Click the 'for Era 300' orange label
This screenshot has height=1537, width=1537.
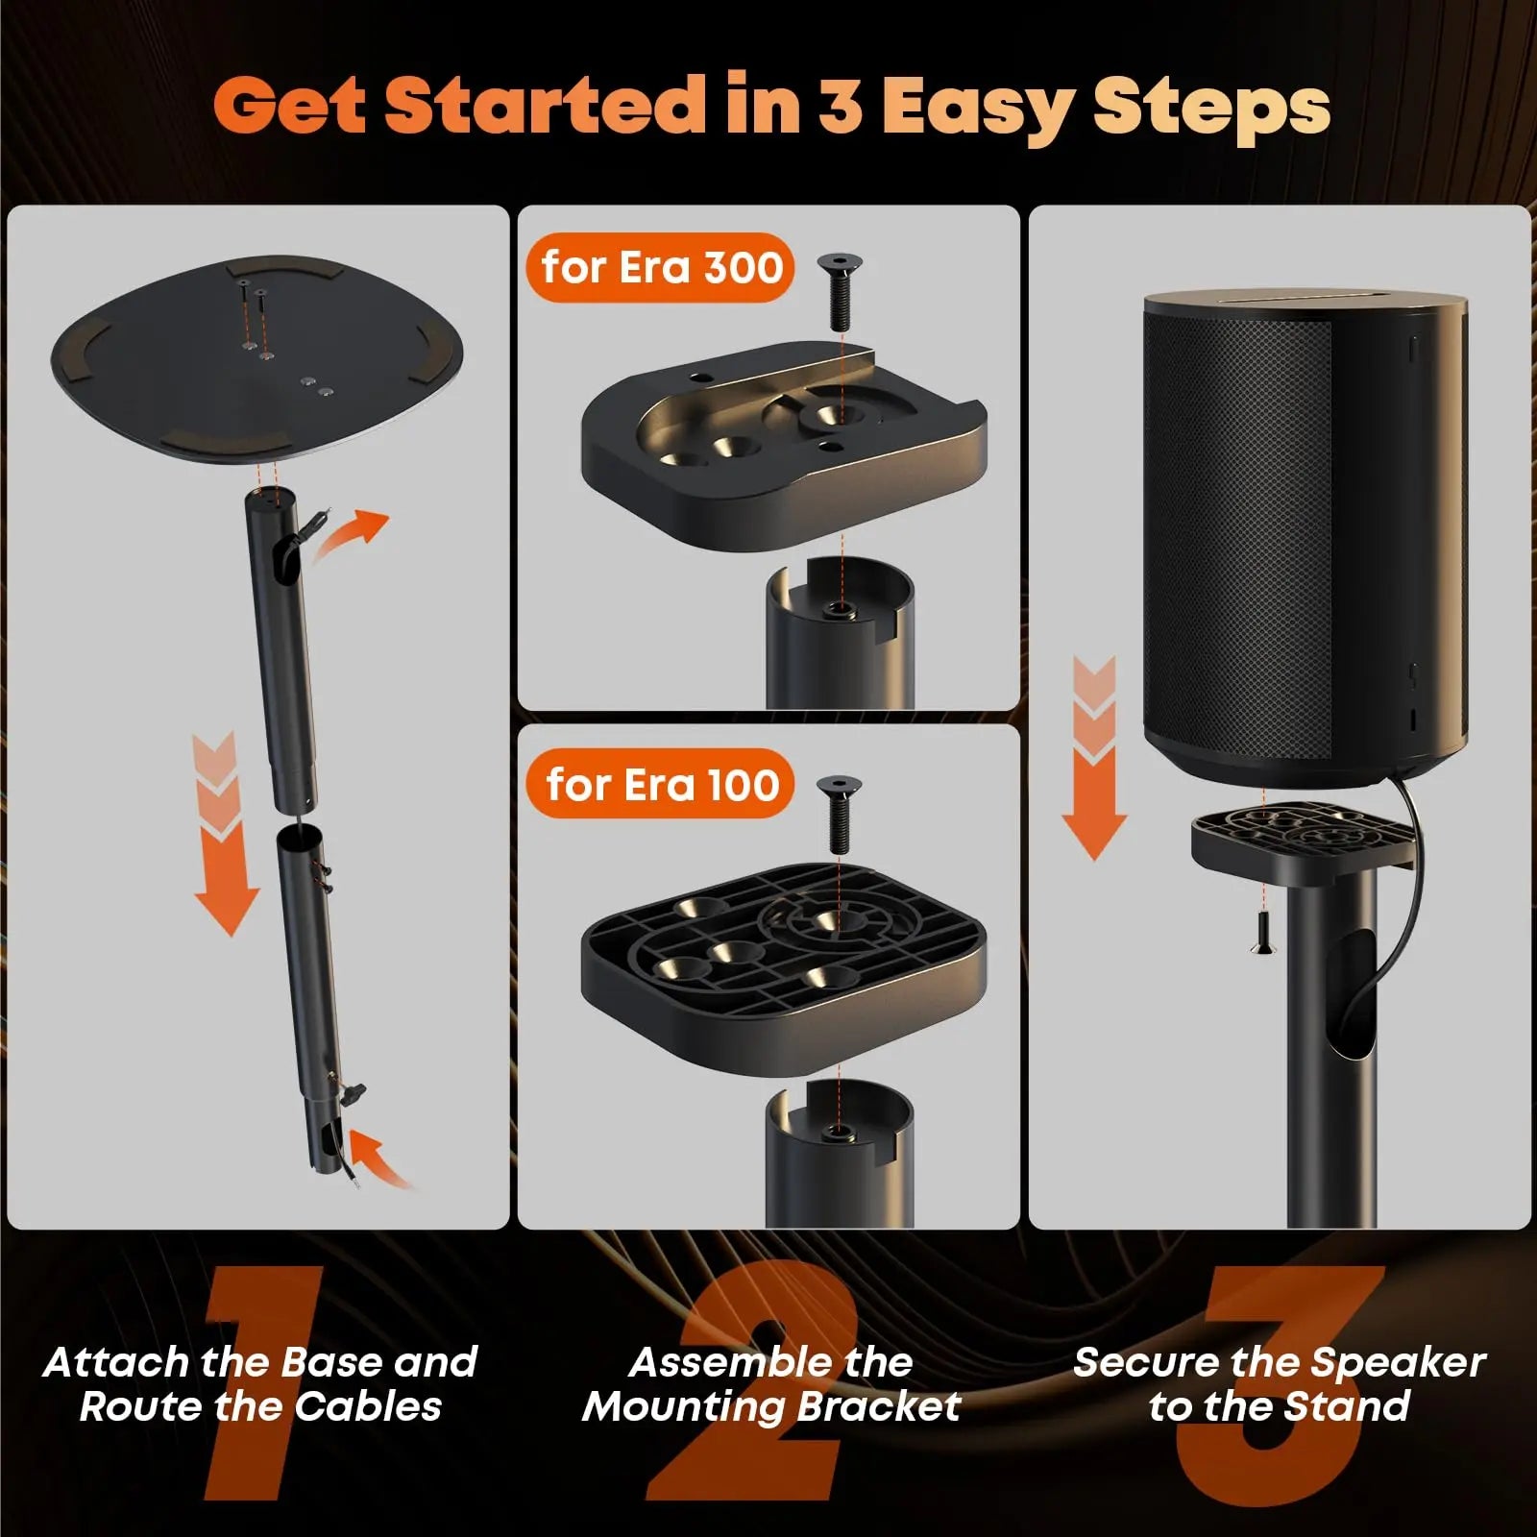[x=661, y=267]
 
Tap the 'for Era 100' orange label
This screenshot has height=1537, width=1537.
[x=661, y=785]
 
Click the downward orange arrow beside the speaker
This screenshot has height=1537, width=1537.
[x=1093, y=759]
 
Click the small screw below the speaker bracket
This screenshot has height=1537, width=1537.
[x=1265, y=933]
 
